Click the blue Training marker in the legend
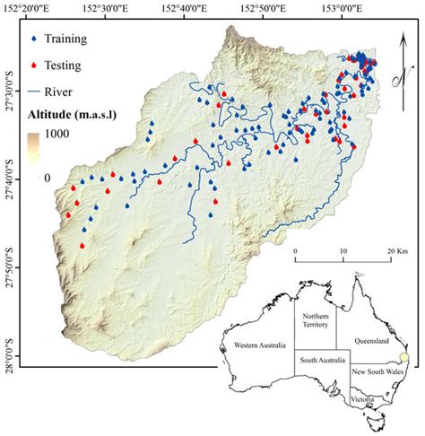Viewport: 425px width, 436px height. click(33, 40)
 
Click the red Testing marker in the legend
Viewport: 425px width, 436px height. click(33, 65)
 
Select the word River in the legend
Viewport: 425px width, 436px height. click(73, 90)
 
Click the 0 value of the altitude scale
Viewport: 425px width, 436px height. click(48, 177)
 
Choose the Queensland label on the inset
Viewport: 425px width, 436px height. click(370, 341)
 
